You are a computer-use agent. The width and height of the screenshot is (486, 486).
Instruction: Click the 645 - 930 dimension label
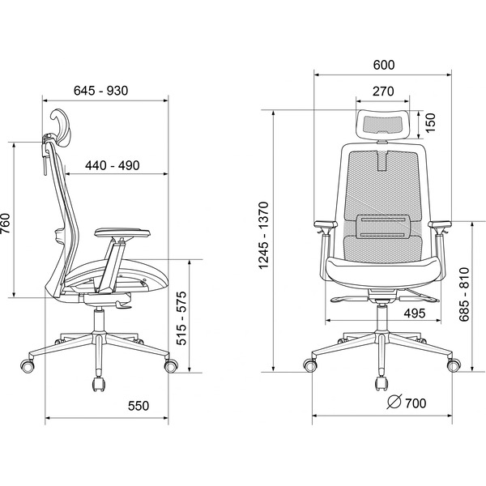click(x=100, y=91)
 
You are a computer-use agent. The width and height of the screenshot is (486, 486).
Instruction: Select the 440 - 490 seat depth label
click(x=113, y=165)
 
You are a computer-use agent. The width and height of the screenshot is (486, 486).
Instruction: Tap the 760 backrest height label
click(x=6, y=224)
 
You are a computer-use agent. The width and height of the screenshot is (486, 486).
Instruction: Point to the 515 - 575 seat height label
click(x=181, y=318)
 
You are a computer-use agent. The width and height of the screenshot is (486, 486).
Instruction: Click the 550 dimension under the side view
click(x=139, y=406)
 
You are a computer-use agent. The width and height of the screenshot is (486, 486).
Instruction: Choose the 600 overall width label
click(x=384, y=65)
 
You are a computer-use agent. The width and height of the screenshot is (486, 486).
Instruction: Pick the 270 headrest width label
click(x=383, y=92)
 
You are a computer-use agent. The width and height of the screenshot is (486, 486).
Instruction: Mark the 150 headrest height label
click(x=430, y=123)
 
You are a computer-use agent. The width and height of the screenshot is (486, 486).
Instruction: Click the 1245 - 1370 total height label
click(x=263, y=235)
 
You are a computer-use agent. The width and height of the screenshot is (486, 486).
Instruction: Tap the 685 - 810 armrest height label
click(x=464, y=295)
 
